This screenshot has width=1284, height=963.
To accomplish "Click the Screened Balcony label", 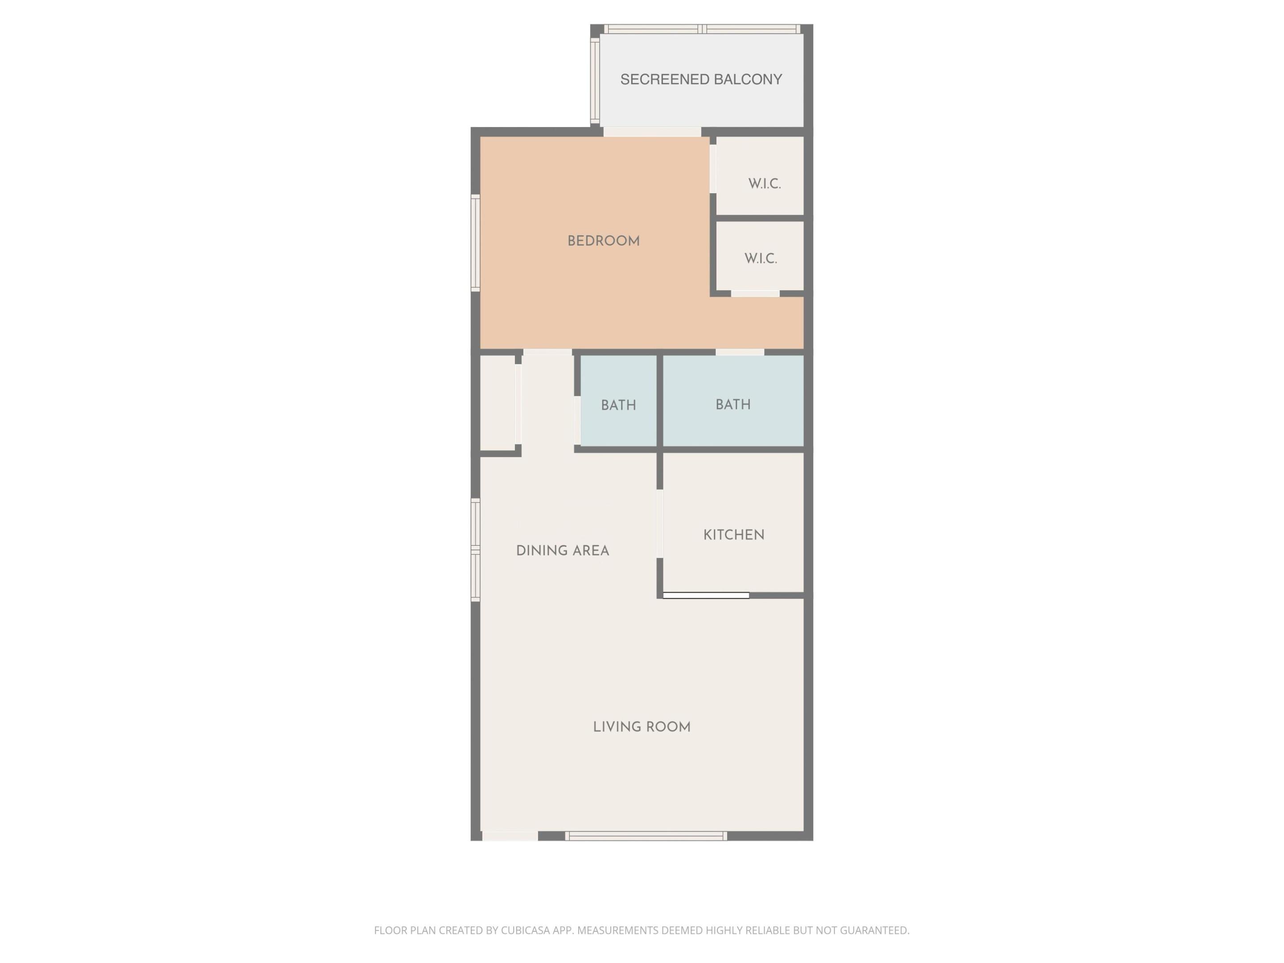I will tap(701, 79).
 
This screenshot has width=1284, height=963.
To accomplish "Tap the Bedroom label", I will tap(603, 241).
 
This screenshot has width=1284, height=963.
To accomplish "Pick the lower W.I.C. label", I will tap(761, 259).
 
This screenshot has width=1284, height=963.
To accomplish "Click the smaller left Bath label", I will tap(618, 405).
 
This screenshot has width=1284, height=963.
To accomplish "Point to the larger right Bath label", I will tap(733, 404).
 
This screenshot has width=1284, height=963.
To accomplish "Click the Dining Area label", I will tap(562, 551).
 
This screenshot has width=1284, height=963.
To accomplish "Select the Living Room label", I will tap(642, 727).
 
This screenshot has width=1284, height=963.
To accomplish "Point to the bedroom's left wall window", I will tap(475, 243).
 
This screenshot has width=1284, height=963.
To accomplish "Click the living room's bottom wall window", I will tap(646, 836).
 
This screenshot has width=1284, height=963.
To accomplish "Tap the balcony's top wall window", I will tap(702, 29).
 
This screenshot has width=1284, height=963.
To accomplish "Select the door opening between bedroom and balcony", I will tap(652, 132).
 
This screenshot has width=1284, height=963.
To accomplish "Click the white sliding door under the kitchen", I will tap(705, 595).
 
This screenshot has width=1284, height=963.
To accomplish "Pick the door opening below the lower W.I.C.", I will tap(755, 294).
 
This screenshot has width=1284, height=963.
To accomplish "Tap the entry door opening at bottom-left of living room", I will tap(510, 836).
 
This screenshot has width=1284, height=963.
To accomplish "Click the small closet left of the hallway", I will tap(498, 402).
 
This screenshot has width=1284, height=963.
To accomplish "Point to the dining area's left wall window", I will tap(475, 549).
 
